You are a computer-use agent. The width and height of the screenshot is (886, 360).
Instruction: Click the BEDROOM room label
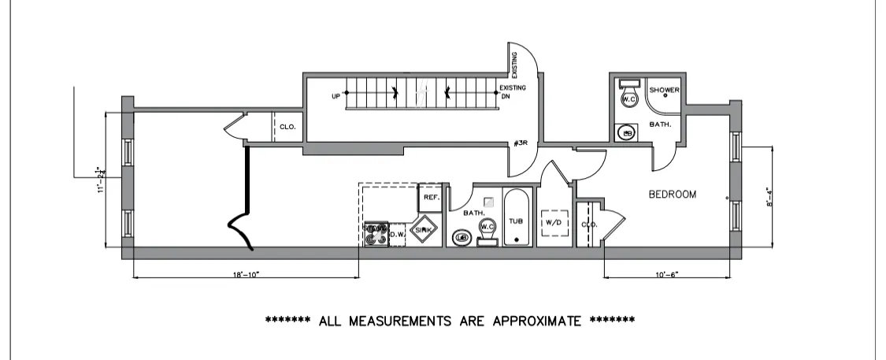[672, 195]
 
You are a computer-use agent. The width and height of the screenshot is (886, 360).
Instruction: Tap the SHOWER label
[664, 90]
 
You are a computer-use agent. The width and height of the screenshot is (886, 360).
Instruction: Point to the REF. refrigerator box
[431, 198]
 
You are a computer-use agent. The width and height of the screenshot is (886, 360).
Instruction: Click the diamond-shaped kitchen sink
[424, 229]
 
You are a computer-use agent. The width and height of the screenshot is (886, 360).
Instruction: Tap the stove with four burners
[376, 234]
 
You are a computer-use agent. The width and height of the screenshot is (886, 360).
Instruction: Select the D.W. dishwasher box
[397, 234]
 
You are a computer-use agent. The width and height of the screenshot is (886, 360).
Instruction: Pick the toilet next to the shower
[628, 97]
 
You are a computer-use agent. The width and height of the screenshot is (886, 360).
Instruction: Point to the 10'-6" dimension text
[666, 275]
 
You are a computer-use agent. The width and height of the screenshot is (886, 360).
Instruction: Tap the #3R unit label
[519, 143]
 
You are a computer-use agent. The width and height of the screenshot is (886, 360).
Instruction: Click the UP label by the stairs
[336, 97]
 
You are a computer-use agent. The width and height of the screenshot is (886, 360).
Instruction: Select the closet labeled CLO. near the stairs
[287, 126]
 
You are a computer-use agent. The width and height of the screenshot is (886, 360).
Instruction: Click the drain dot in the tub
[517, 239]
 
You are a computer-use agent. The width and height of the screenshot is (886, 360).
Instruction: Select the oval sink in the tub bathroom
[462, 237]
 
